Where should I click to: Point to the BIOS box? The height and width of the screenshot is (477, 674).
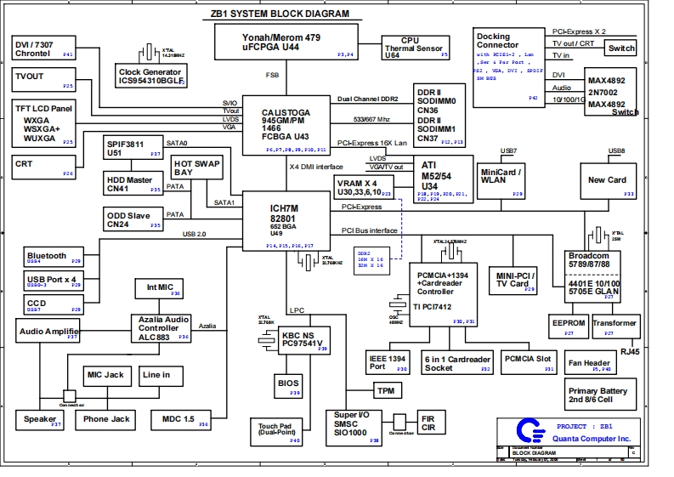(x=288, y=385)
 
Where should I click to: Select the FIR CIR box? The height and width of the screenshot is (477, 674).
(x=430, y=423)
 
